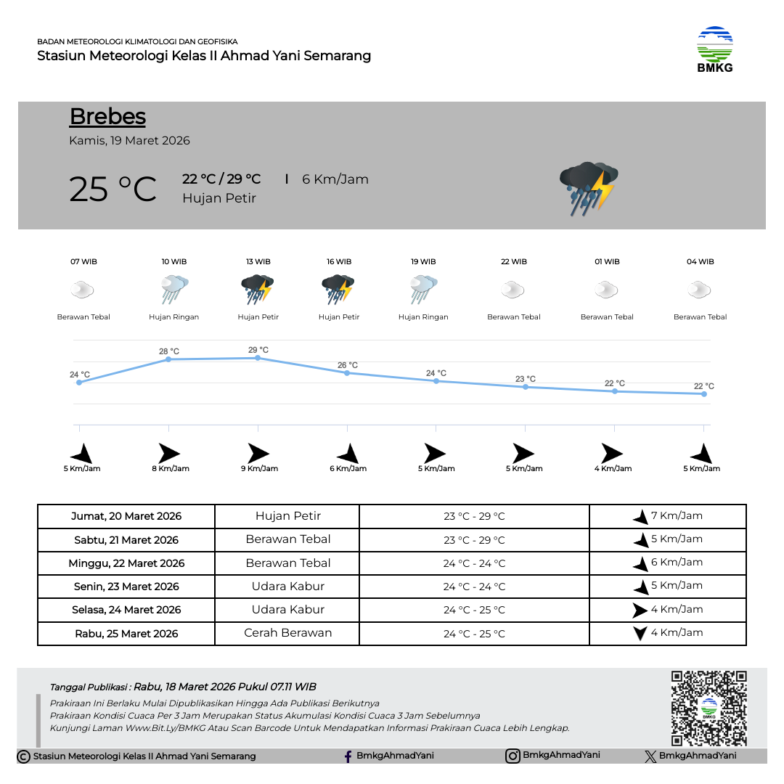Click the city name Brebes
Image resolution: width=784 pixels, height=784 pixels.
pos(107,117)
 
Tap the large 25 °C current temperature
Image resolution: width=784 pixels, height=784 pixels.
pos(113,189)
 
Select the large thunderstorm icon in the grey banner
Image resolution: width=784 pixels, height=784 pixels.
pos(588,188)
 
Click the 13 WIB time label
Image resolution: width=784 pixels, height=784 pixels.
pos(258,262)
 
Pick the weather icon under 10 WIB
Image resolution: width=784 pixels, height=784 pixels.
pos(174,290)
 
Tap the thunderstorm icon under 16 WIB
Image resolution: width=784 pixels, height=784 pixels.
pos(338,290)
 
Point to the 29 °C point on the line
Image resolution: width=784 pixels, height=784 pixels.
pos(258,358)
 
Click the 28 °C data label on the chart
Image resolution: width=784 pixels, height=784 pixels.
pos(169,351)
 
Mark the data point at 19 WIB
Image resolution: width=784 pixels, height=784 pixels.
pos(436,381)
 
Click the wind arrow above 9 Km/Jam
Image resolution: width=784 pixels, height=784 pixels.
pos(258,453)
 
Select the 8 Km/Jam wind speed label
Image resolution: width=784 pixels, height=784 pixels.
pos(171,469)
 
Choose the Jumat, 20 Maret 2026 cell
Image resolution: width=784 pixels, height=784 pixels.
pos(126,517)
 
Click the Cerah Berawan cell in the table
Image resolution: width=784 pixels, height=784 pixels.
pos(287,633)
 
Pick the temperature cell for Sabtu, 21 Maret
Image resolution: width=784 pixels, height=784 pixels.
pos(474,540)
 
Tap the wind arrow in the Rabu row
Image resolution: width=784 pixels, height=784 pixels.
pos(640,633)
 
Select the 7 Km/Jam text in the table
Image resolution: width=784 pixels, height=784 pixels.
pos(677,516)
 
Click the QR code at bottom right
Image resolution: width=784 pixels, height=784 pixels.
pos(709,708)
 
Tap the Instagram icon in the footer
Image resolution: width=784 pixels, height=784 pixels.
pos(513,756)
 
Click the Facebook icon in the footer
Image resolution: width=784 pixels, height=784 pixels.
pos(348,756)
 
